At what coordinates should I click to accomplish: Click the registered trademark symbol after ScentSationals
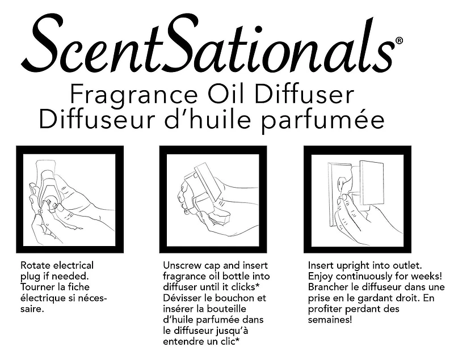point(399,41)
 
